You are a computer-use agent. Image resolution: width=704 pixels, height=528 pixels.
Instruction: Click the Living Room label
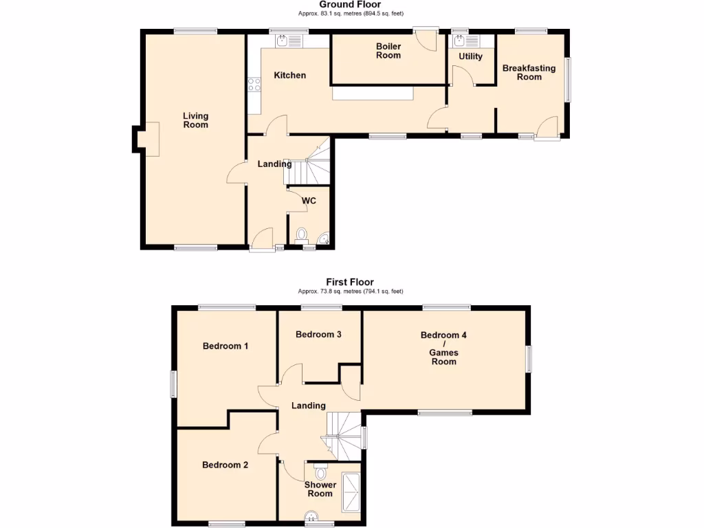pos(195,120)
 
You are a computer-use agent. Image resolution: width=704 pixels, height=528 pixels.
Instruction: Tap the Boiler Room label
pos(388,51)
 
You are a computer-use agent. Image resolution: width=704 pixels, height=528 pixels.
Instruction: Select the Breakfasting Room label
pos(529,72)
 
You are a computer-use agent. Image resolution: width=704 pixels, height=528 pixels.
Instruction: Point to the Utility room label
pos(471,56)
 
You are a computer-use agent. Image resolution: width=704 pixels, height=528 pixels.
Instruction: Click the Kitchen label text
pos(290,75)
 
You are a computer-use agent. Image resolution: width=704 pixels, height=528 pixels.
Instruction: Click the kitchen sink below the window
pos(289,42)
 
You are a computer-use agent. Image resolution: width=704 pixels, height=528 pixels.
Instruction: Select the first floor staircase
pos(346,433)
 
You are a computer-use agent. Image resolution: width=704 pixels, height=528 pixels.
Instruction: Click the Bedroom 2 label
pos(225,465)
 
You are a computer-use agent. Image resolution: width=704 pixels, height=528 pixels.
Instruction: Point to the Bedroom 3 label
pos(319,334)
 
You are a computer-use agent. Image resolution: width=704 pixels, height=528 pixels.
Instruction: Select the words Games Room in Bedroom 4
pos(443,357)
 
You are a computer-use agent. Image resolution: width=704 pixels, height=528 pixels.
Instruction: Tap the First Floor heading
pos(350,282)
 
